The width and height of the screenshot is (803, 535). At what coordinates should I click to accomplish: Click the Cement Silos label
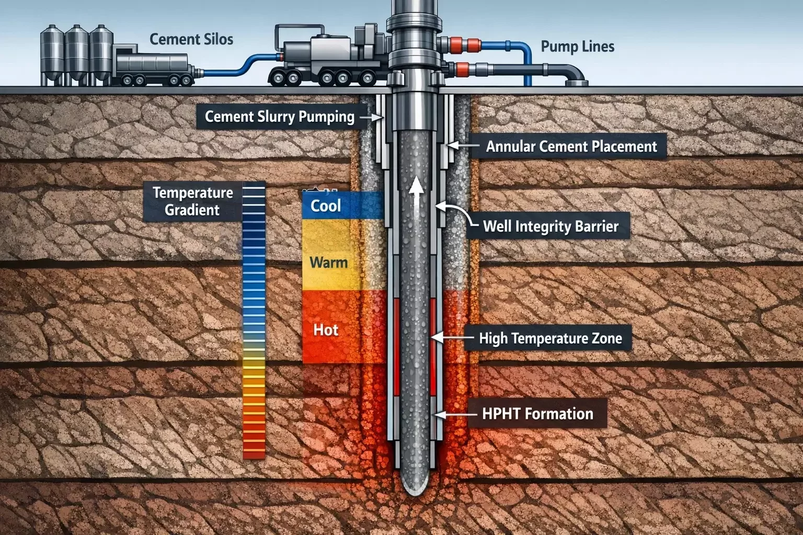(191, 39)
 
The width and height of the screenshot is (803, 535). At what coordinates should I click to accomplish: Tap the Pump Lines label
(577, 46)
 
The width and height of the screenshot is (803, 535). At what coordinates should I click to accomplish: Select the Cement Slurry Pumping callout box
(280, 117)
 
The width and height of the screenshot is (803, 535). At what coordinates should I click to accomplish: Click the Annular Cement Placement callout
(571, 146)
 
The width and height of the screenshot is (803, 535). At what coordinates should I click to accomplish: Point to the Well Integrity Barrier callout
(550, 226)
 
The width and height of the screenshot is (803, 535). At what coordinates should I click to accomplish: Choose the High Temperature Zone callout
(550, 339)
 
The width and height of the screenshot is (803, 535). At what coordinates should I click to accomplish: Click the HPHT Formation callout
(537, 414)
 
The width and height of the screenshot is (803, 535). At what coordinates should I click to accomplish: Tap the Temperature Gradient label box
(193, 201)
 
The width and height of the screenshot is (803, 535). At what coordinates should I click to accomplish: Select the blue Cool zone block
(342, 205)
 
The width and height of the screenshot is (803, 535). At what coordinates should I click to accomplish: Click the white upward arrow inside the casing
(416, 193)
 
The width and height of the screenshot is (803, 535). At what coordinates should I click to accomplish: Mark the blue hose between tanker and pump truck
(235, 69)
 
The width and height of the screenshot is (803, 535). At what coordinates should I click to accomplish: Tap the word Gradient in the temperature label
(192, 210)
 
